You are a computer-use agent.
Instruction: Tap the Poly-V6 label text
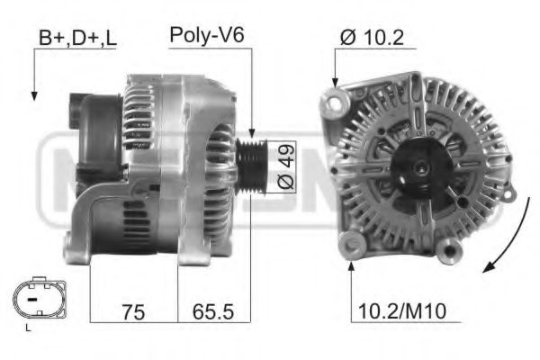(x=207, y=35)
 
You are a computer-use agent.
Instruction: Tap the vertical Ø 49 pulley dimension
(x=284, y=166)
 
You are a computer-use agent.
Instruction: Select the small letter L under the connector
(x=29, y=328)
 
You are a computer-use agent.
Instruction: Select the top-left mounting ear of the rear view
(x=337, y=93)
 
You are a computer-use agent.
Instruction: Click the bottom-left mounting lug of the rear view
(x=349, y=244)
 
